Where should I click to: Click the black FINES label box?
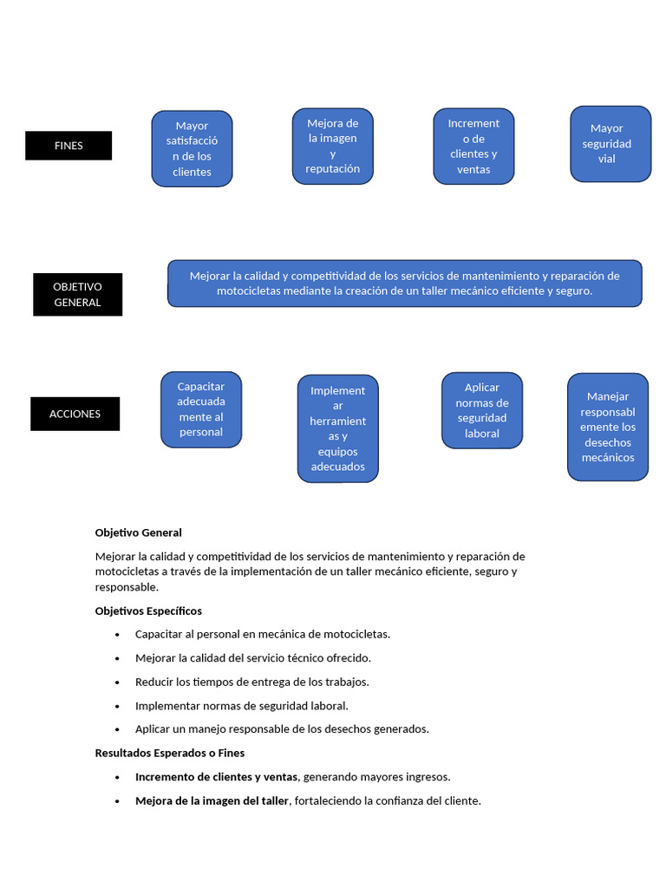(x=69, y=146)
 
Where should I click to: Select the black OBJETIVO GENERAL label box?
(x=77, y=295)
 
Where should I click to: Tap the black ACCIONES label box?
(x=75, y=414)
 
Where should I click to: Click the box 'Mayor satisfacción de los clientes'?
(x=192, y=148)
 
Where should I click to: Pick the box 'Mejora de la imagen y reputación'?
(x=333, y=146)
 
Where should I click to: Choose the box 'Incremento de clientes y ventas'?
(x=473, y=146)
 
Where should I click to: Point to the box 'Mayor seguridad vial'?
(x=610, y=144)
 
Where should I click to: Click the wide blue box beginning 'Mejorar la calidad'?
(x=404, y=284)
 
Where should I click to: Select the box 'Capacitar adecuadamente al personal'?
(x=201, y=409)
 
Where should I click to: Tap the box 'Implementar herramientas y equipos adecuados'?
(x=338, y=428)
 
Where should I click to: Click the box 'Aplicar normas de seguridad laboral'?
(x=482, y=410)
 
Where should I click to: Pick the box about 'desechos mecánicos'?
(x=608, y=427)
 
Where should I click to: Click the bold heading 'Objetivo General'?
(x=139, y=532)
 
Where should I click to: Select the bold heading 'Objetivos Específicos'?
(x=148, y=610)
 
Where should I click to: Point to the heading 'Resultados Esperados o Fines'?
(x=170, y=753)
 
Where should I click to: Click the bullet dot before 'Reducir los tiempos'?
(x=117, y=682)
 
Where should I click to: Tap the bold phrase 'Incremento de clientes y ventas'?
(x=217, y=777)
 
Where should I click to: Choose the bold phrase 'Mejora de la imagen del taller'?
(x=212, y=800)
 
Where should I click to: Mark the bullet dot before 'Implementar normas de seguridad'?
(x=117, y=707)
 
